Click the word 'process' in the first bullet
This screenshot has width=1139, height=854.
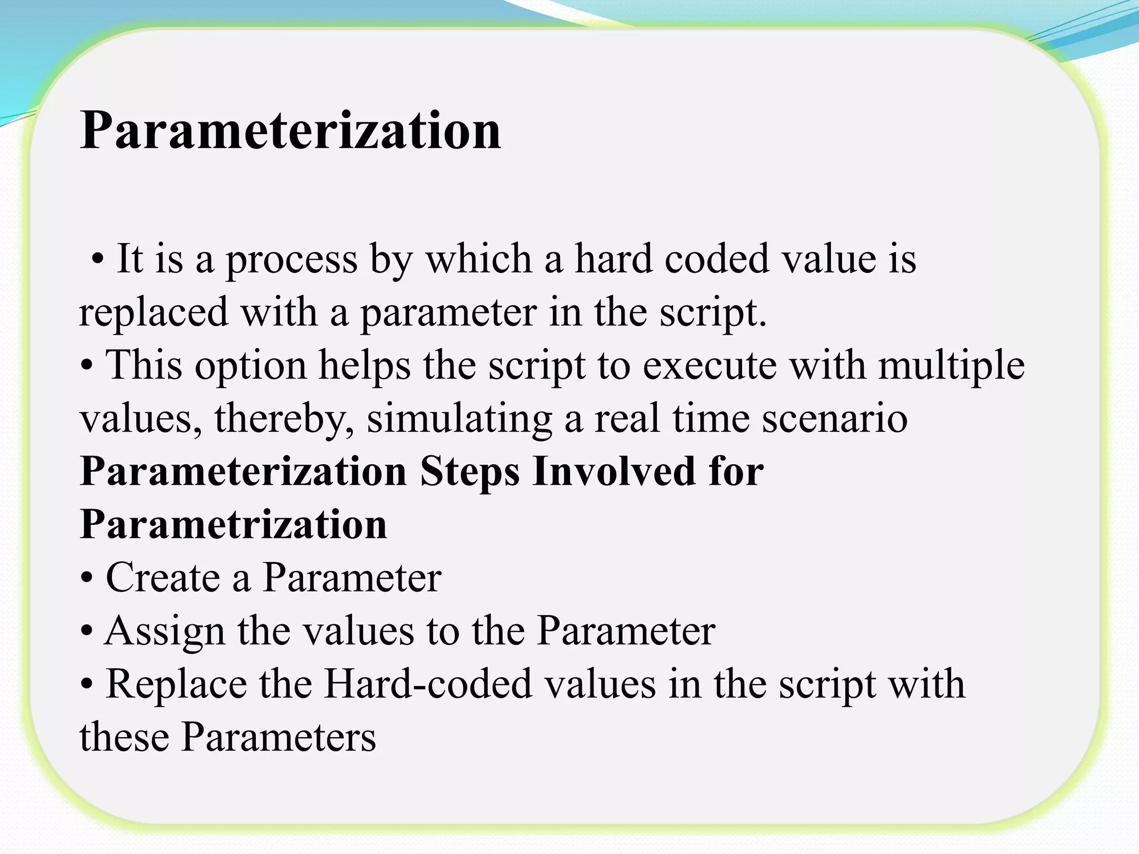(x=291, y=260)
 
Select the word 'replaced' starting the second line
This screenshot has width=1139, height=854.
(x=153, y=312)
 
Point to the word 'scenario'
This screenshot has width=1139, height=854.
(x=834, y=418)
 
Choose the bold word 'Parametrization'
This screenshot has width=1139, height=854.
(x=234, y=524)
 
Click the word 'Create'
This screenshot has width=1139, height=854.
(x=163, y=577)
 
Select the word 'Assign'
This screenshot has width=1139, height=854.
(x=164, y=632)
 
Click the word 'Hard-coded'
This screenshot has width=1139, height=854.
(x=428, y=684)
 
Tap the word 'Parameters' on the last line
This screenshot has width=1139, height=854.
(x=279, y=737)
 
